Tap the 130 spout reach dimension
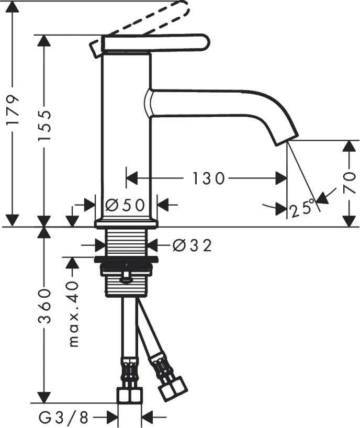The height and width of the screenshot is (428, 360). pyautogui.click(x=208, y=179)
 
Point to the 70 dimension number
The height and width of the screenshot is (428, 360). pyautogui.click(x=350, y=183)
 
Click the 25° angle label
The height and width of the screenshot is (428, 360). pyautogui.click(x=302, y=208)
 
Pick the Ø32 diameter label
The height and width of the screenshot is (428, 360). pyautogui.click(x=192, y=244)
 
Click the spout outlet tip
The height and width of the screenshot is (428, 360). pyautogui.click(x=286, y=137)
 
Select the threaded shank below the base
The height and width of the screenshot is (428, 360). pyautogui.click(x=127, y=242)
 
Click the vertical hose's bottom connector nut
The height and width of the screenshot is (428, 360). pyautogui.click(x=129, y=395)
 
